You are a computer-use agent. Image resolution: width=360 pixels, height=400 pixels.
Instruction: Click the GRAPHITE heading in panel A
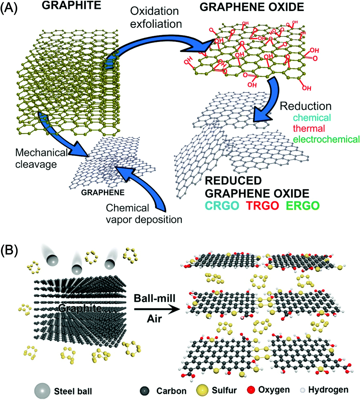71,5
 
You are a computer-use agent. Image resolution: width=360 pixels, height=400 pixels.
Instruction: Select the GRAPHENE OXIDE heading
252,7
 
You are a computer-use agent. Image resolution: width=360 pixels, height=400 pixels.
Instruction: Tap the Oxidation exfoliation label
156,18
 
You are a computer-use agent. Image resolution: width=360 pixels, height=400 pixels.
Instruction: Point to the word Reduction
305,106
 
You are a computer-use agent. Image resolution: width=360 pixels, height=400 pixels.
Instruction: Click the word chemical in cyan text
312,118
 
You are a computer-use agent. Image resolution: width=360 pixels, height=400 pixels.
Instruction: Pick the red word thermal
309,128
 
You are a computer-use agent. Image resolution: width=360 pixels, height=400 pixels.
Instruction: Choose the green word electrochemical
326,139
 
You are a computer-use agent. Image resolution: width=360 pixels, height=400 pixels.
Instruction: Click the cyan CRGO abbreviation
222,206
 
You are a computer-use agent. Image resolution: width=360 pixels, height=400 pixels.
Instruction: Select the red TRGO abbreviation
262,206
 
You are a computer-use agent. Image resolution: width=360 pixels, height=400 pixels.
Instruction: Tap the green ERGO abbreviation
303,206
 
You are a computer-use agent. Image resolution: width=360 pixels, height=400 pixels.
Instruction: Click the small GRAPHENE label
103,193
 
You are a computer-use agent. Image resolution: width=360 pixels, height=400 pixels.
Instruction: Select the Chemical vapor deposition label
143,214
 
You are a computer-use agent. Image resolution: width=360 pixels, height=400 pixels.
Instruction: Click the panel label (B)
9,250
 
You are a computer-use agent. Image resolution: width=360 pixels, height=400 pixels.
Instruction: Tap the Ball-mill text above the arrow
155,298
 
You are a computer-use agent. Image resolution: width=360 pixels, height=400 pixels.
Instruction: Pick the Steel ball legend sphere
42,391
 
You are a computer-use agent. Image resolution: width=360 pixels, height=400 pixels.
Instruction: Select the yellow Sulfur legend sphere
202,390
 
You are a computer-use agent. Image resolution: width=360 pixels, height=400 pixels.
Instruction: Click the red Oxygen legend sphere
251,390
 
